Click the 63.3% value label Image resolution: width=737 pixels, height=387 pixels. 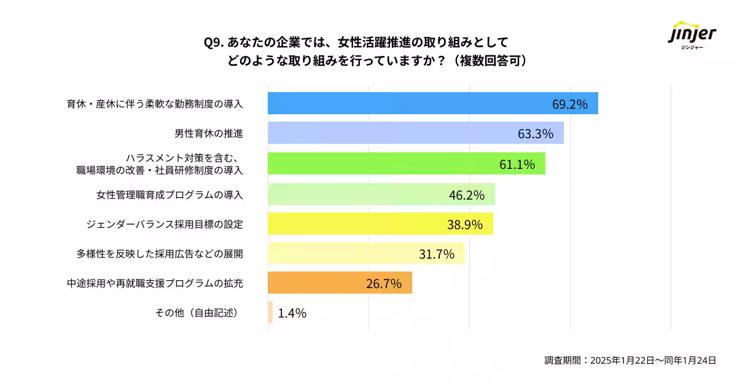(x=536, y=133)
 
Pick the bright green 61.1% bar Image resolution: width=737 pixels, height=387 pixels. (x=406, y=163)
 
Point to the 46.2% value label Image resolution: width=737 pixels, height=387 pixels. (x=467, y=195)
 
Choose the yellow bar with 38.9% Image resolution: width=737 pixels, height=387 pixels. (x=380, y=224)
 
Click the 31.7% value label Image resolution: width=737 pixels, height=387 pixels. (x=437, y=254)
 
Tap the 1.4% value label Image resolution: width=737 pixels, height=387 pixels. (x=292, y=313)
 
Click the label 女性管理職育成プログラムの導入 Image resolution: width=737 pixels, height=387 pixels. (x=170, y=195)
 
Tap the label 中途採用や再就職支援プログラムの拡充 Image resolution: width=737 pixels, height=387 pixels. (x=155, y=283)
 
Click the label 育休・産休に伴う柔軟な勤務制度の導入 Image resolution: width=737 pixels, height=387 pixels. (x=155, y=104)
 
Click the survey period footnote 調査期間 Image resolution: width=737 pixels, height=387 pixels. (x=630, y=361)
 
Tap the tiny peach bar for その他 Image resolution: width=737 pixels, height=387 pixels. (x=270, y=313)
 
